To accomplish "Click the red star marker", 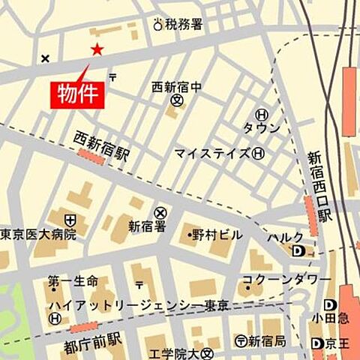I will pyautogui.click(x=97, y=49).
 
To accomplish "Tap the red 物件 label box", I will pyautogui.click(x=77, y=94).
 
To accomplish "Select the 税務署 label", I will pyautogui.click(x=184, y=25).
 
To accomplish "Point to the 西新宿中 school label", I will pyautogui.click(x=177, y=86).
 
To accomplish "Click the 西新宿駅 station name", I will pyautogui.click(x=102, y=140).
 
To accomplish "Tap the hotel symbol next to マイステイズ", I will pyautogui.click(x=259, y=154).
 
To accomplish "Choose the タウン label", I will pyautogui.click(x=261, y=127).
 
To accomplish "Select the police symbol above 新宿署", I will pyautogui.click(x=160, y=212).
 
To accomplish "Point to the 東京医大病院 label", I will pyautogui.click(x=38, y=234).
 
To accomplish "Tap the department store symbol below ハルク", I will pyautogui.click(x=298, y=251).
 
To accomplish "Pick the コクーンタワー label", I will pyautogui.click(x=287, y=280).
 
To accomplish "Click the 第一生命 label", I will pyautogui.click(x=73, y=281).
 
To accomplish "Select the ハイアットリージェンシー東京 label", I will pyautogui.click(x=139, y=306).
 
